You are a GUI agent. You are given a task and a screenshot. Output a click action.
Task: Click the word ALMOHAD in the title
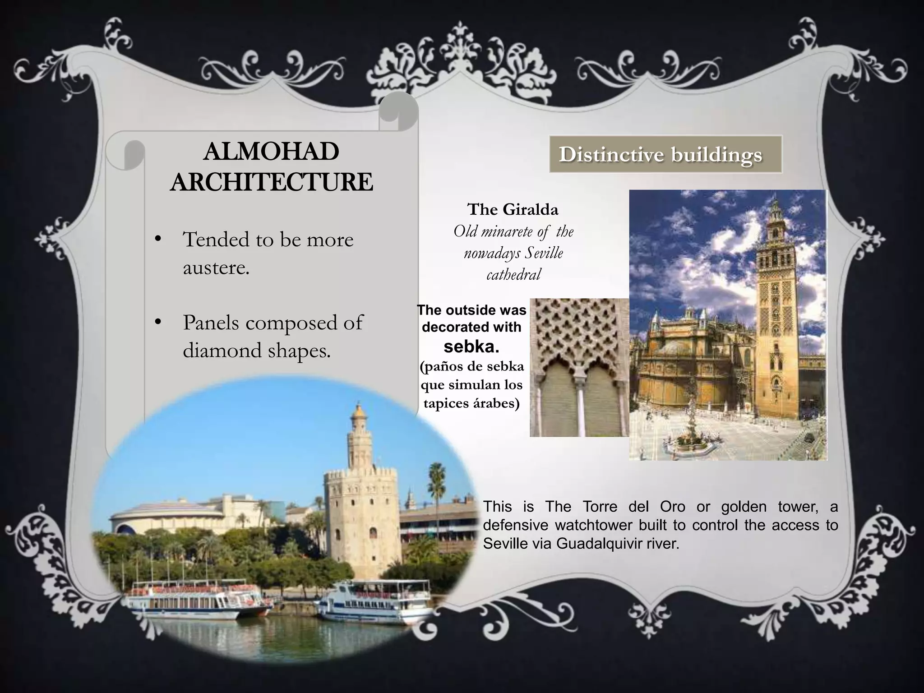click(271, 152)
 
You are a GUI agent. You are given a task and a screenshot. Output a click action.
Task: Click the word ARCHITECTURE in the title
click(271, 182)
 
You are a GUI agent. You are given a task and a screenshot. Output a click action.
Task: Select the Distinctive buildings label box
click(665, 154)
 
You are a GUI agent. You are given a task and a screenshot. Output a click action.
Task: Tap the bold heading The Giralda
click(513, 209)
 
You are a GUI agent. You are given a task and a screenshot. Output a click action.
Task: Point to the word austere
click(216, 268)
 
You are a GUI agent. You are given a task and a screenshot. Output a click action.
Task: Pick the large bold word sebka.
click(471, 346)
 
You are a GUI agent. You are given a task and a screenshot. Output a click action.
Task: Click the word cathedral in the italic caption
click(513, 274)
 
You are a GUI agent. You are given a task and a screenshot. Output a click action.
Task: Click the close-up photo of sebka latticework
click(579, 367)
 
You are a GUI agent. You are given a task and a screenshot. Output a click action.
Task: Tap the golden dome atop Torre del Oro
click(359, 411)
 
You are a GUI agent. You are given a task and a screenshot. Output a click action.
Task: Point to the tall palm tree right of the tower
click(435, 487)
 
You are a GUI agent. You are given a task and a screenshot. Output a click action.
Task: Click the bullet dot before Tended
click(157, 239)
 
